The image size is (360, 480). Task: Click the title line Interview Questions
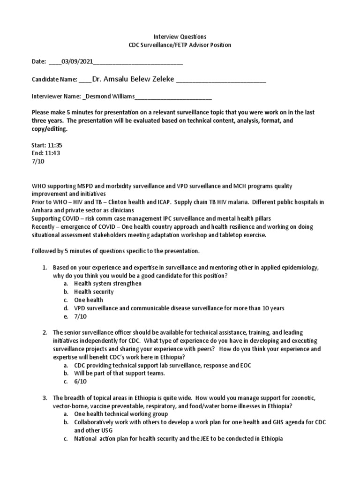(180, 36)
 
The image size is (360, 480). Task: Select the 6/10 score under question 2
(81, 382)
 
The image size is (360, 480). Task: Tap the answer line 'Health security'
(94, 292)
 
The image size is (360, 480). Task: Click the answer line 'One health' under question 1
(89, 300)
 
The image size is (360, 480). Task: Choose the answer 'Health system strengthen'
(108, 284)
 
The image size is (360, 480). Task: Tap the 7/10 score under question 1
(81, 316)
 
